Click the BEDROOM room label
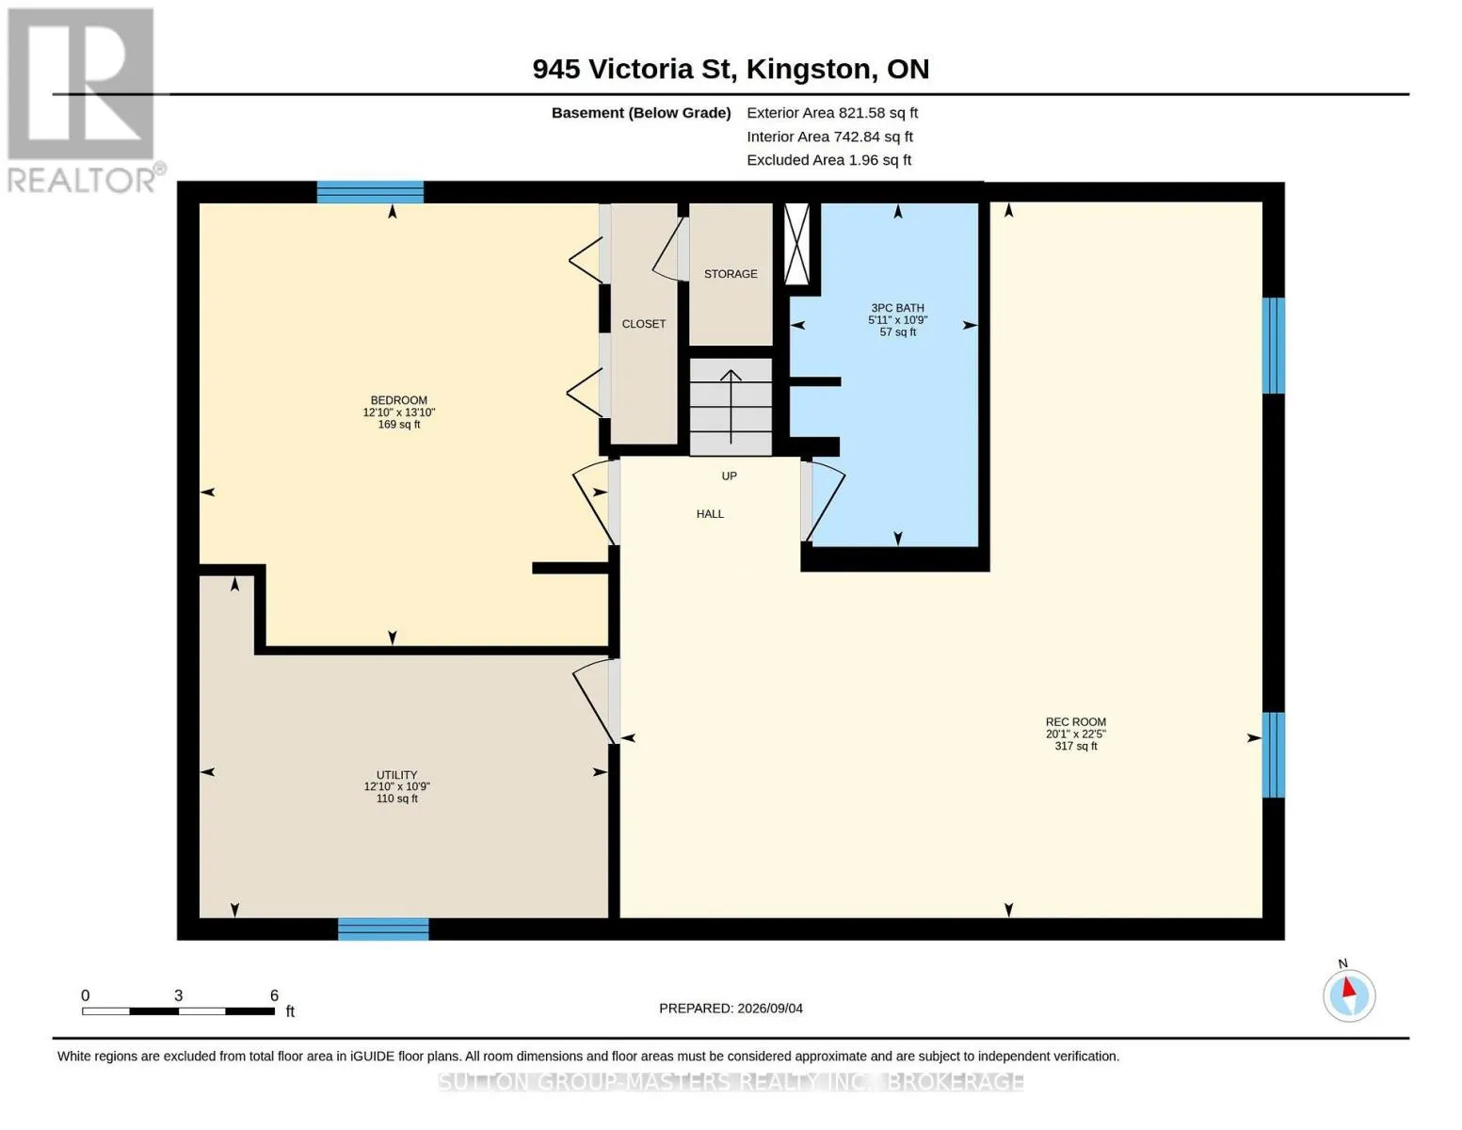399,400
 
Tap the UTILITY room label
397,775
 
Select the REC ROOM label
1076,721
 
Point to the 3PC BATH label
897,308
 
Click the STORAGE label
731,274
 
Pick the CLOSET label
644,324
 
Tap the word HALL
710,514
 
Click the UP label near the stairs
730,476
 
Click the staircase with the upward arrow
731,407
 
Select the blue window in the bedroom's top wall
370,192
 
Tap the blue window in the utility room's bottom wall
383,928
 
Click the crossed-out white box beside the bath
797,244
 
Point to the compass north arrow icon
1349,995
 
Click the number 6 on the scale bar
275,995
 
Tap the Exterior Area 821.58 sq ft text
832,113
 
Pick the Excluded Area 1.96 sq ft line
828,160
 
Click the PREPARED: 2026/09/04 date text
731,1009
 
